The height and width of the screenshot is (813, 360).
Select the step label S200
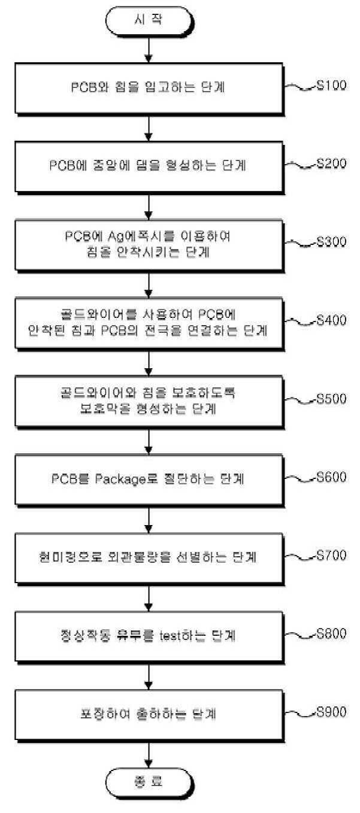pyautogui.click(x=331, y=163)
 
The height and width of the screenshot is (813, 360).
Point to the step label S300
pyautogui.click(x=331, y=242)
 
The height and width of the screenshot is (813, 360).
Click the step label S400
pyautogui.click(x=331, y=320)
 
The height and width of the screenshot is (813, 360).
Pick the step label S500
pyautogui.click(x=331, y=399)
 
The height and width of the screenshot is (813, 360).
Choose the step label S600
pyautogui.click(x=331, y=478)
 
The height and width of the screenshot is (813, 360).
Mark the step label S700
pyautogui.click(x=331, y=556)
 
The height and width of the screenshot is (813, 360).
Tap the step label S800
pyautogui.click(x=331, y=635)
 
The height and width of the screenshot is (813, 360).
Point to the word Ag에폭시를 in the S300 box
pyautogui.click(x=117, y=236)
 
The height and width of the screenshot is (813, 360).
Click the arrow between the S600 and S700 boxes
pyautogui.click(x=148, y=521)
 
